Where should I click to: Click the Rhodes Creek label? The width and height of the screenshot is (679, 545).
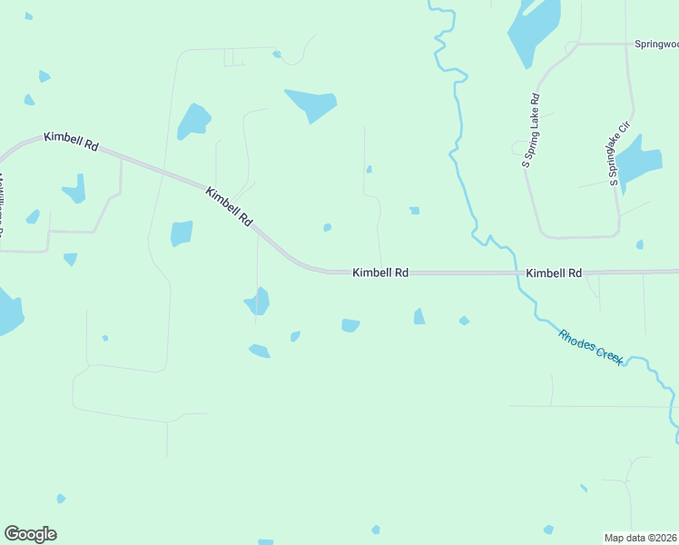coord(591,346)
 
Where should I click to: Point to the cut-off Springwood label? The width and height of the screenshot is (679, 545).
coord(655,44)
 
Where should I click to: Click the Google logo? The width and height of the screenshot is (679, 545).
coord(30,534)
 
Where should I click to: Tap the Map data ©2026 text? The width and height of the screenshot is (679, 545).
coord(641,538)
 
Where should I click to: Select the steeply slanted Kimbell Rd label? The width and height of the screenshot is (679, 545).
coord(229,207)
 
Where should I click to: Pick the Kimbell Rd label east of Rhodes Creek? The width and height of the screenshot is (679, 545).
coord(553,272)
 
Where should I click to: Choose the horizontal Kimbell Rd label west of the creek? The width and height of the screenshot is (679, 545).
coord(380,272)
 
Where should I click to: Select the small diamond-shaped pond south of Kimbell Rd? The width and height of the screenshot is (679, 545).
coord(464,321)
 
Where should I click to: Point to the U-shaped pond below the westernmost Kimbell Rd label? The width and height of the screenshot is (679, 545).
coord(75,189)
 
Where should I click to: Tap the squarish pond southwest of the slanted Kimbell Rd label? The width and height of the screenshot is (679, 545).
coord(182,233)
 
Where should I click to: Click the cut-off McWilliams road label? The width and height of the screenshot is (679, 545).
coord(3,204)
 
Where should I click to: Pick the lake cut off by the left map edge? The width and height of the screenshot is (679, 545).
coord(9,311)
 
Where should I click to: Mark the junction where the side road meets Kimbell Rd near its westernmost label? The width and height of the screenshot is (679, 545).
coord(121,158)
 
